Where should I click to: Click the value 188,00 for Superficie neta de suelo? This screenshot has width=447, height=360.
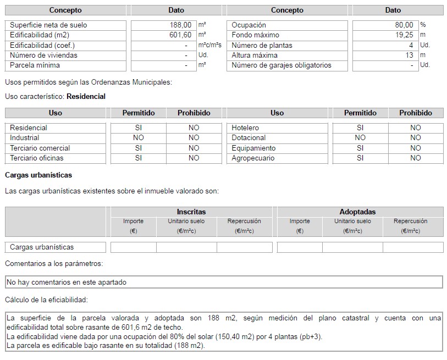[x=180, y=25]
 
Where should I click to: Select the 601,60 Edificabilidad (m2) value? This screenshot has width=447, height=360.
[x=180, y=35]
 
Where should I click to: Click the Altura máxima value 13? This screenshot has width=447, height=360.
[x=409, y=55]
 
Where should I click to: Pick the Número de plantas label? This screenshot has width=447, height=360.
[x=262, y=45]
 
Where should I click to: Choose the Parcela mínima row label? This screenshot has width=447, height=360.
[x=35, y=65]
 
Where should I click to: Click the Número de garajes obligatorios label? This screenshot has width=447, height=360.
[x=282, y=65]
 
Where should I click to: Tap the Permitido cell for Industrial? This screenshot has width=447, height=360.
[x=139, y=138]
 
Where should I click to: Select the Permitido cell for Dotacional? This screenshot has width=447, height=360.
[x=360, y=138]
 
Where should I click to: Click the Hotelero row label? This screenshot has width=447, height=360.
[x=245, y=128]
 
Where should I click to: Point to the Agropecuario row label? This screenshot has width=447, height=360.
[x=253, y=158]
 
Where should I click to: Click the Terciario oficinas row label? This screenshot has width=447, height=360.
[x=37, y=158]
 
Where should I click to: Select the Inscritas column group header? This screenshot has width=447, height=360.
[x=191, y=212]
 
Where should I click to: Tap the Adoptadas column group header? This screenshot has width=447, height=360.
[x=357, y=212]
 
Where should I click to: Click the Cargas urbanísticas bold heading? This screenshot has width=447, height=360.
[x=38, y=175]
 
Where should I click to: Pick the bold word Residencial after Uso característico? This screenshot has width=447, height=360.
[x=86, y=96]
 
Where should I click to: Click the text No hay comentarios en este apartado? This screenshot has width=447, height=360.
[x=67, y=283]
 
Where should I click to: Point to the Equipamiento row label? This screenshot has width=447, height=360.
[x=253, y=148]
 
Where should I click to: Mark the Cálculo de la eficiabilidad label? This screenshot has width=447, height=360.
[x=46, y=300]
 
